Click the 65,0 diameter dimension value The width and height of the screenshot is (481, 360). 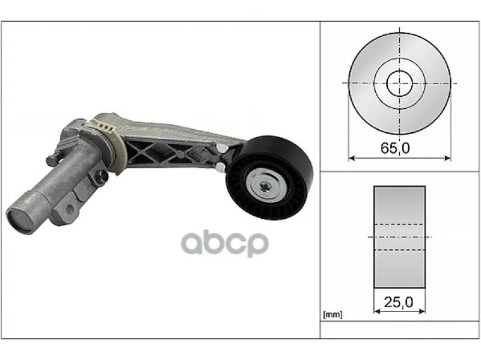tap(395, 148)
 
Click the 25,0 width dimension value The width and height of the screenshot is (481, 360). tap(399, 303)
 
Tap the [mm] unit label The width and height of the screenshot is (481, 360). tap(332, 314)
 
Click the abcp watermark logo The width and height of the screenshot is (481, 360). tap(225, 244)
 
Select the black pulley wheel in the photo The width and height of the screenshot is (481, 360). tap(269, 177)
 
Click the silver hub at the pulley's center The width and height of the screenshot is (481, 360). tap(264, 186)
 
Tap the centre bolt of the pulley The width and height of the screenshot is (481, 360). tap(264, 185)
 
